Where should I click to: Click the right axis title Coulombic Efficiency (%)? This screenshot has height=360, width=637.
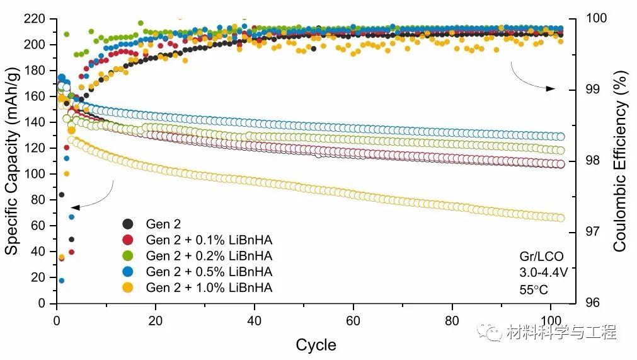click(x=620, y=161)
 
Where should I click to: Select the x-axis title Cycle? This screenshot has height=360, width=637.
click(x=316, y=345)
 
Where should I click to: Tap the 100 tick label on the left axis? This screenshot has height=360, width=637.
click(x=37, y=174)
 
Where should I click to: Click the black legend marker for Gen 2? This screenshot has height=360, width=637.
click(x=128, y=224)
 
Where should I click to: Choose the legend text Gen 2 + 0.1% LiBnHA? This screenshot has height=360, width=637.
click(x=209, y=240)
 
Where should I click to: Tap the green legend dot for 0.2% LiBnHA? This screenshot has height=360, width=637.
click(x=128, y=256)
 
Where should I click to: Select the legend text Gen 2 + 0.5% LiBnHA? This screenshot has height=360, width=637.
click(x=209, y=272)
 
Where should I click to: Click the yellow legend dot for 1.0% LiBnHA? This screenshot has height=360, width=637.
click(x=128, y=287)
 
